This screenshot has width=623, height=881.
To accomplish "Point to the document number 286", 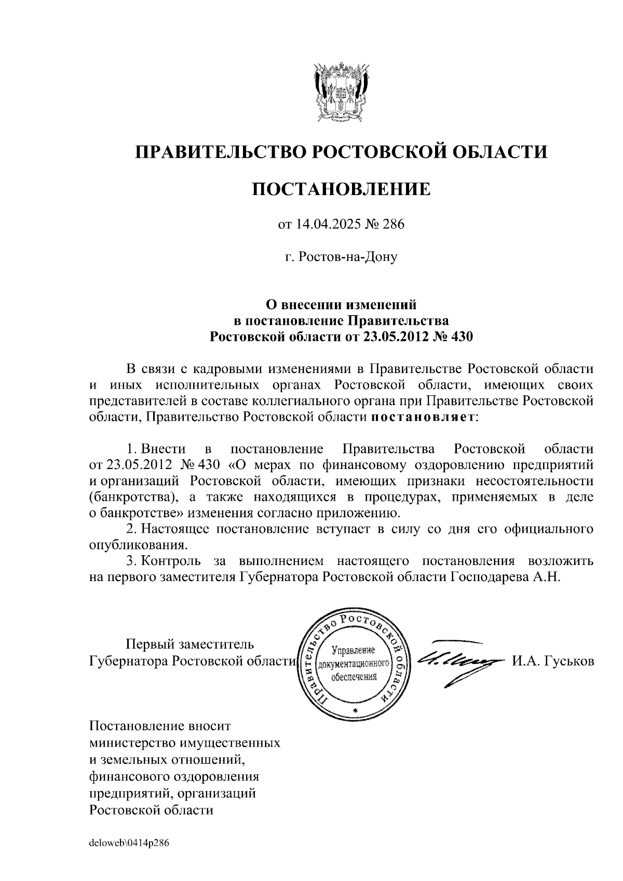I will click(393, 225).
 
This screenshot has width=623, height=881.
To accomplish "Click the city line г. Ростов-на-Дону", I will click(341, 256).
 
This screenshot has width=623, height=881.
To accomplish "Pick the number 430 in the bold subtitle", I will click(463, 337).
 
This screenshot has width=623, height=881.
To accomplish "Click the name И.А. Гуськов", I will click(553, 661).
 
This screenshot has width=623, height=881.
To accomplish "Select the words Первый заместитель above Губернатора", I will click(191, 644).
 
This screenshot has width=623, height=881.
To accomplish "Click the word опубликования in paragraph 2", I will click(138, 545).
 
